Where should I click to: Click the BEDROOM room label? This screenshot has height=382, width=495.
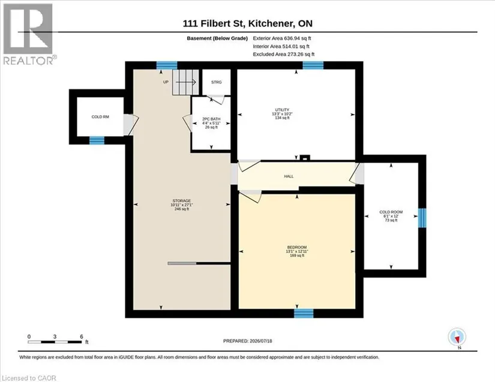[297, 247]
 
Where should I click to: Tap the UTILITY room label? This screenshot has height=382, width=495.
[282, 110]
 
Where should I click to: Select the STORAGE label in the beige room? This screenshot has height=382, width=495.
[182, 201]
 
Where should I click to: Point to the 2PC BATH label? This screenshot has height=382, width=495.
[211, 119]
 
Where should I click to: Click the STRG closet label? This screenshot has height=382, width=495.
[216, 82]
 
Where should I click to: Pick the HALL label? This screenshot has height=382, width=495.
[289, 176]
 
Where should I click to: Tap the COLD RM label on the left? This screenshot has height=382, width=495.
[100, 117]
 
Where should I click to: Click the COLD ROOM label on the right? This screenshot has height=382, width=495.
[391, 212]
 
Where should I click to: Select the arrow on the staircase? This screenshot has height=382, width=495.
[185, 82]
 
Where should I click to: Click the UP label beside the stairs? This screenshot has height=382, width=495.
[166, 82]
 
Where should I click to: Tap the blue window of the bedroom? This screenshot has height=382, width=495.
[304, 313]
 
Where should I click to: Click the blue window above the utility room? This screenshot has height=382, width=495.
[313, 65]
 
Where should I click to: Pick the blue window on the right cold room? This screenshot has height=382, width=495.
[422, 218]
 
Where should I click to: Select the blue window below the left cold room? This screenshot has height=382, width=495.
[97, 140]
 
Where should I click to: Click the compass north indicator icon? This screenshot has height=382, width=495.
[457, 337]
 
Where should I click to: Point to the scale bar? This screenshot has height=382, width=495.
[55, 342]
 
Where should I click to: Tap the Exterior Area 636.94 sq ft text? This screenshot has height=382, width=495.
[282, 38]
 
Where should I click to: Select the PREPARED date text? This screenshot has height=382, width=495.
[247, 341]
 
